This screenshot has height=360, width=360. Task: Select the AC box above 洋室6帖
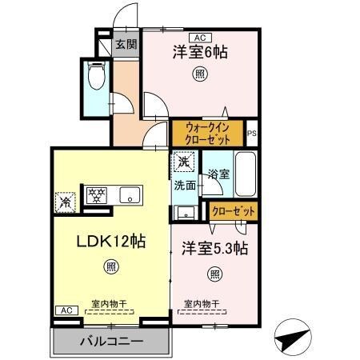199,37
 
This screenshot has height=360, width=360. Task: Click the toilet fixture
97,78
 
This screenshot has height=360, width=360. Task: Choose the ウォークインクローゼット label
207,131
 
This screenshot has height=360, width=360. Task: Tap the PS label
252,134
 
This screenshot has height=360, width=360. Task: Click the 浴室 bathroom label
218,173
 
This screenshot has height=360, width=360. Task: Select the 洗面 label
185,186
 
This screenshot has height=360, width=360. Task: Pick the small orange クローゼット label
234,211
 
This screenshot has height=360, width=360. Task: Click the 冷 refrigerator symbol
66,202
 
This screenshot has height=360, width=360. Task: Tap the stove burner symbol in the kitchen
96,194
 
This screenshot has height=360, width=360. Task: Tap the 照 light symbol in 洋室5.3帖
214,274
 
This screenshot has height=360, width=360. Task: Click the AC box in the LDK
66,310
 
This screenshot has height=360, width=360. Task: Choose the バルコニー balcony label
110,342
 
